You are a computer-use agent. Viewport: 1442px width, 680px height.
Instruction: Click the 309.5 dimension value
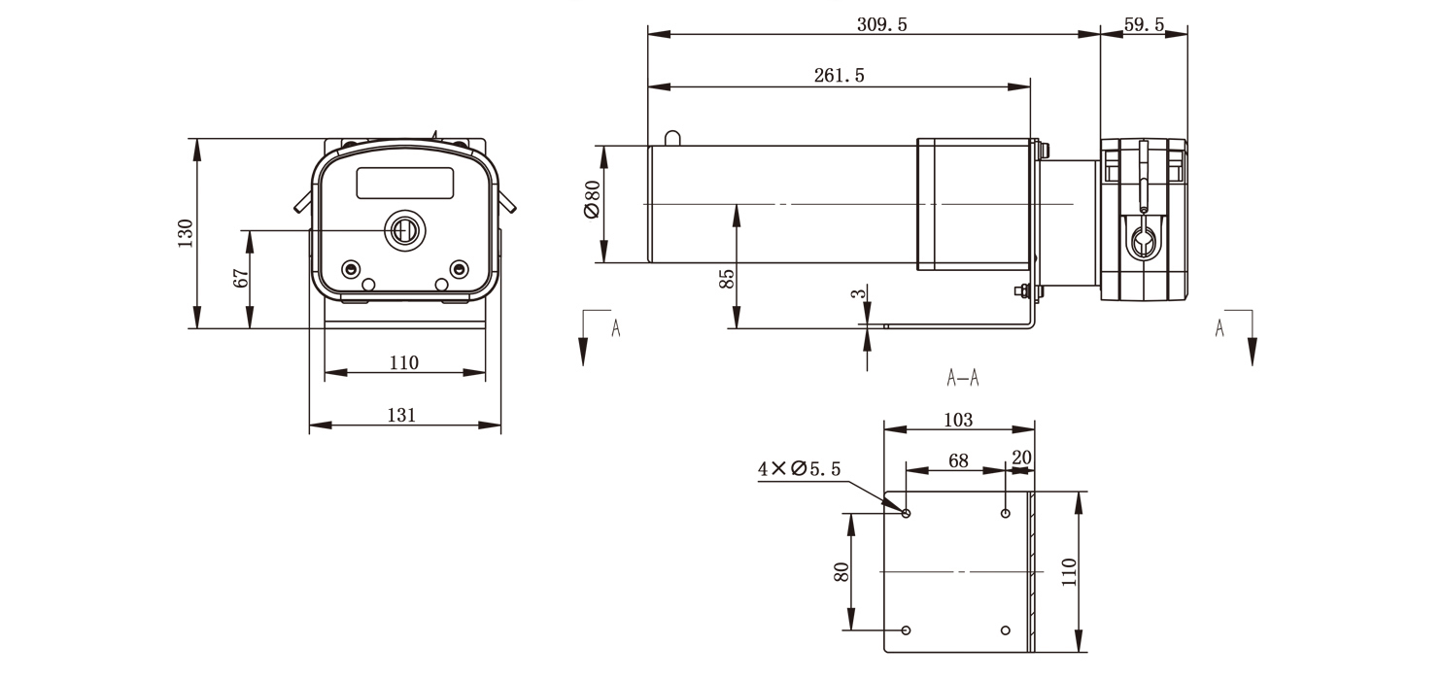pos(881,24)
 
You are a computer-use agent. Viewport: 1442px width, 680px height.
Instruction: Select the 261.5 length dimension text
pos(839,76)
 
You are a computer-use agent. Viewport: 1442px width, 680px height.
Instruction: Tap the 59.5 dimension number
pos(1144,24)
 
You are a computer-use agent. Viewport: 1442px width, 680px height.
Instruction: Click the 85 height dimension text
pos(726,280)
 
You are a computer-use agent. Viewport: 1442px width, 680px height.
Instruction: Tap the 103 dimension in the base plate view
pos(958,420)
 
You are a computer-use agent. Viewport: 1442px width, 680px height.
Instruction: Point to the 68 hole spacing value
pos(958,460)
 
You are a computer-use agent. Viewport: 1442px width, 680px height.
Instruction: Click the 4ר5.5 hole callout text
pos(800,469)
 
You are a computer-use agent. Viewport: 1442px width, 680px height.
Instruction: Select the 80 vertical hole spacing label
pos(841,571)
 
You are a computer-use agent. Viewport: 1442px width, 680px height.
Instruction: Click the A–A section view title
pos(963,378)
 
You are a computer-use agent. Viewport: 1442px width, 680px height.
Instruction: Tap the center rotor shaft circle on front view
pos(403,230)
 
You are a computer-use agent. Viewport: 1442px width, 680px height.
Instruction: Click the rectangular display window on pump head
pos(405,183)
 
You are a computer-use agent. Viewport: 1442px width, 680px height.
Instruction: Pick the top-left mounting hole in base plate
pos(907,513)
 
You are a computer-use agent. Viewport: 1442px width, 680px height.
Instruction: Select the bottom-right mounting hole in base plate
pos(1006,630)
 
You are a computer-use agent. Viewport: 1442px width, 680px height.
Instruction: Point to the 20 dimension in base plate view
pos(1021,458)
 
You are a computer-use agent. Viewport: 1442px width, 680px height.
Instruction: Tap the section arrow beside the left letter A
pos(583,339)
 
